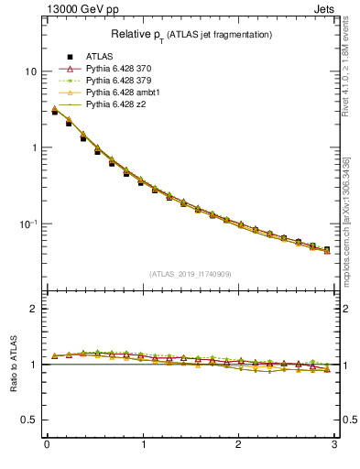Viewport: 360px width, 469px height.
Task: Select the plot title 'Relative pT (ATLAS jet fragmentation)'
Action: (x=191, y=34)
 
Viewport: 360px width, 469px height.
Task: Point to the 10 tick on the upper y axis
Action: (x=30, y=71)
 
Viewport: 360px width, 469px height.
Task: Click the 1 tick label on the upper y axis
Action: (x=33, y=147)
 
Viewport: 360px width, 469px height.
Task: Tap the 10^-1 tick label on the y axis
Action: (x=28, y=224)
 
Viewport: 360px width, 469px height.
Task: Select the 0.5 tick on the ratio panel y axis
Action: (x=29, y=420)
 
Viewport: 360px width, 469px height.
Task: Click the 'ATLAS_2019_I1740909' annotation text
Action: (x=191, y=274)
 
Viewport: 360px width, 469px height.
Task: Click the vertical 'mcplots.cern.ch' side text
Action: (x=352, y=229)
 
